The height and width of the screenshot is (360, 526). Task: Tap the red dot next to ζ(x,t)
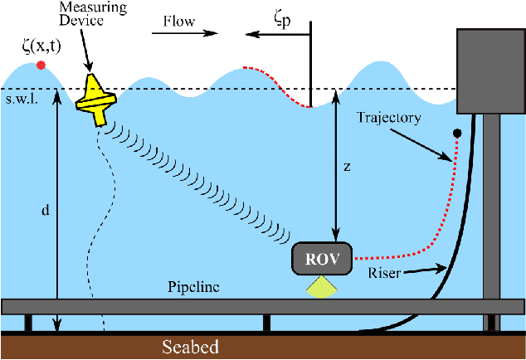pyautogui.click(x=41, y=65)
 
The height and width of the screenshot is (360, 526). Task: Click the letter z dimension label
pyautogui.click(x=347, y=166)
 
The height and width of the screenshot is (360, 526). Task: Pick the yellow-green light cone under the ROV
pyautogui.click(x=320, y=286)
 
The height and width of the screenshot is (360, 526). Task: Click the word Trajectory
pyautogui.click(x=391, y=118)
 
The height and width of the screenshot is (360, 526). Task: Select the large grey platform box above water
pyautogui.click(x=490, y=71)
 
